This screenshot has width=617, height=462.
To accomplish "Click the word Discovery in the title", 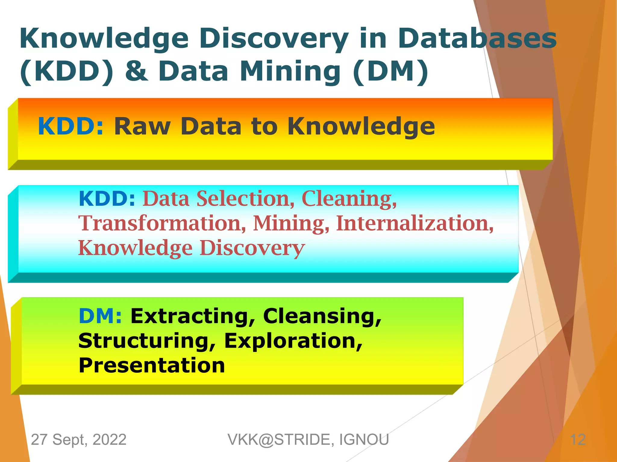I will click(274, 38).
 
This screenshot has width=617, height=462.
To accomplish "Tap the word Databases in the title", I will click(477, 38).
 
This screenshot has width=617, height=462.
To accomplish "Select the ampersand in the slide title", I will click(136, 71).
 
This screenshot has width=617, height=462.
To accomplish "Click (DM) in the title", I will click(390, 71).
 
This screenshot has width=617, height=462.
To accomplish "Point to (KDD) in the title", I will click(67, 71).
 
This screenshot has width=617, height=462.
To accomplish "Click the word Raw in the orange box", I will click(142, 126).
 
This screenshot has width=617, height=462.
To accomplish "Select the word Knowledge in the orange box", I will click(361, 126).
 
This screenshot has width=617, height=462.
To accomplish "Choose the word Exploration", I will click(293, 341).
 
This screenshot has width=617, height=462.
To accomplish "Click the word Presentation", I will click(152, 365).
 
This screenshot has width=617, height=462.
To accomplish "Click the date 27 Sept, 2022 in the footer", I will click(79, 439).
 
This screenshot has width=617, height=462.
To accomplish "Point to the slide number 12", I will click(578, 440).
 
